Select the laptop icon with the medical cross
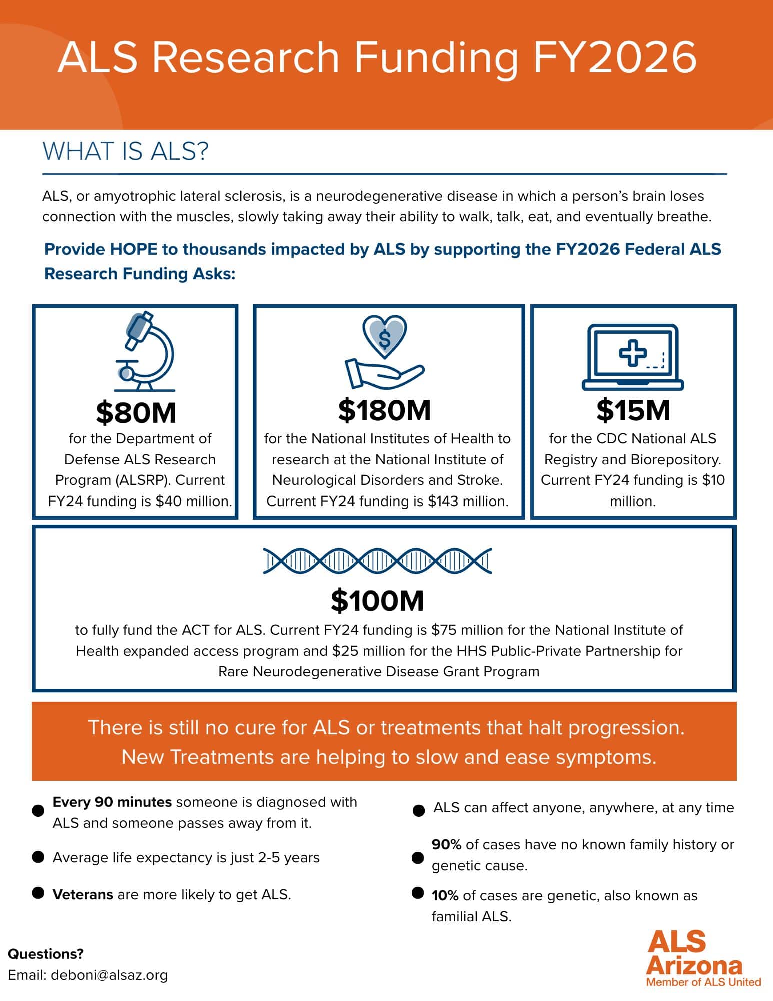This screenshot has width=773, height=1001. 633,357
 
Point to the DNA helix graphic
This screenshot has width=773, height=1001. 378,561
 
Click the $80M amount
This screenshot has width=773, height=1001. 136,412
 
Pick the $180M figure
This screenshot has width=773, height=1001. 384,410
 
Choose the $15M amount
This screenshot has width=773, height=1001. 633,410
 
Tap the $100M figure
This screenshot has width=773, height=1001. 377,601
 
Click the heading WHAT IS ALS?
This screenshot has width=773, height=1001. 125,151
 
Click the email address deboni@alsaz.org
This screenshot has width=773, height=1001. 109,975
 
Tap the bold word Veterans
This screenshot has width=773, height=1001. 83,894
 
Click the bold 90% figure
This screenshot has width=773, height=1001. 446,845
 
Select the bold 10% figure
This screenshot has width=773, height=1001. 445,895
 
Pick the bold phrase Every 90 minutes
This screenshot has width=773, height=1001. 112,802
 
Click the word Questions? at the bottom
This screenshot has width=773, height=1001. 45,954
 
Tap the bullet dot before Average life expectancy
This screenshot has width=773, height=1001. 38,857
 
